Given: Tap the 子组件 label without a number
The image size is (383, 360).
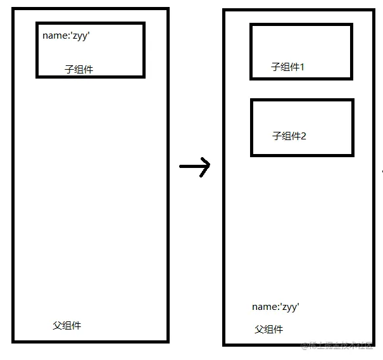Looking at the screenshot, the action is click(x=79, y=69).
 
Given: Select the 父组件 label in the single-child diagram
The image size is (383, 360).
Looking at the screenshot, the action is click(x=66, y=326).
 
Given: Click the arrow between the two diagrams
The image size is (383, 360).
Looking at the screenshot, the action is click(x=194, y=167).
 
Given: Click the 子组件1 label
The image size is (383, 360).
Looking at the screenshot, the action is click(x=288, y=67).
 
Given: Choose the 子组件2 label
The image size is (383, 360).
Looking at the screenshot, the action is click(x=289, y=136).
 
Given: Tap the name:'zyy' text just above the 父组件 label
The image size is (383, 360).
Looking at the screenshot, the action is click(x=275, y=307).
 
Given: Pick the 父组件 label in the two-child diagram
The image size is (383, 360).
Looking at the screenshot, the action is click(x=269, y=330).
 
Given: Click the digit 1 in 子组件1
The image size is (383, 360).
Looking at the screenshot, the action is click(x=302, y=67).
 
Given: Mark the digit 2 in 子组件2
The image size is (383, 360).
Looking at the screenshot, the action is click(x=303, y=136).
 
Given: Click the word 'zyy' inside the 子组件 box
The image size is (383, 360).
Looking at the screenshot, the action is click(x=82, y=36).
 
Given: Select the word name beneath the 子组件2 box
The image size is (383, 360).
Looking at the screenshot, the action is click(x=263, y=307).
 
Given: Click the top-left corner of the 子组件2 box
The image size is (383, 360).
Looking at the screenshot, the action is click(x=252, y=100).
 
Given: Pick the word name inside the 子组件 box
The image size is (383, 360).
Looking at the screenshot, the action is click(x=54, y=35).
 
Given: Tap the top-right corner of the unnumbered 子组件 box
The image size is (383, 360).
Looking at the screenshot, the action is click(x=144, y=23).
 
